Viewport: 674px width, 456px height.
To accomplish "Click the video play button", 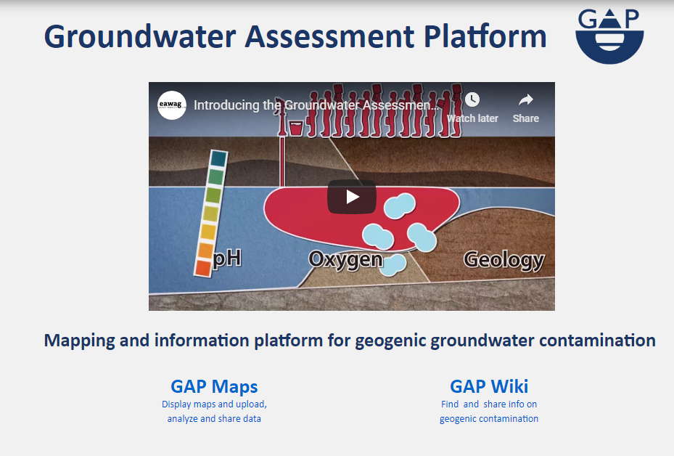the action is point(352,197).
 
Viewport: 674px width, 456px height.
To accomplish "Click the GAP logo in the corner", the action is point(609,36).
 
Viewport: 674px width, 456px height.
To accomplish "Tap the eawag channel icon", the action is point(171,105).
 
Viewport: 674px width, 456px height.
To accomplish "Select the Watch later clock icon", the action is point(472,99).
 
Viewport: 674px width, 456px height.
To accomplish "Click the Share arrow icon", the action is point(526,99).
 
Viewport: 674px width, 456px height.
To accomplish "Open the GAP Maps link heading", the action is point(214,386).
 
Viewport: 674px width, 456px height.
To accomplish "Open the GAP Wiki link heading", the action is point(489,386).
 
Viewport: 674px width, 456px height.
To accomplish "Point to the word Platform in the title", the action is point(485,36).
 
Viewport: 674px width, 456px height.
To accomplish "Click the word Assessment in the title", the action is point(330,36).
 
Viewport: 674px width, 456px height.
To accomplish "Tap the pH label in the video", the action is point(227,258).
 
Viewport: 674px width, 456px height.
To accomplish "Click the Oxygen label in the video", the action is point(345,260).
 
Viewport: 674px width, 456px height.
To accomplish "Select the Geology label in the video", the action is point(504,260).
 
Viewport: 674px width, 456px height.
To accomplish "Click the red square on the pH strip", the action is point(202,268).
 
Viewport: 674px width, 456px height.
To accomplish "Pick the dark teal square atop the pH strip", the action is point(219,158).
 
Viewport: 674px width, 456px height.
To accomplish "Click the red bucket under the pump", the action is point(296,129).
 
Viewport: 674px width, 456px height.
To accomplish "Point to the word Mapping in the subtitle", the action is point(80,341).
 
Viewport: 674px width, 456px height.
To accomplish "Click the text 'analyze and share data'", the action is point(214,418).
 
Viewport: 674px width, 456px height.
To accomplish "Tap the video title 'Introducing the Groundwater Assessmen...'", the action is point(316,105).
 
